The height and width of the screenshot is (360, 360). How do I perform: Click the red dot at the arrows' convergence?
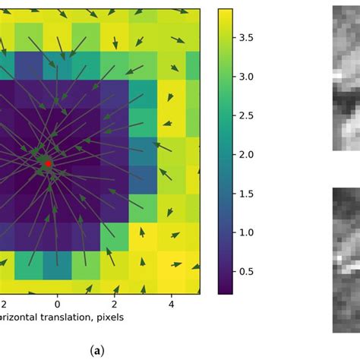tap(47, 163)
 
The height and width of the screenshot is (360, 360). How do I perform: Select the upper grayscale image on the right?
tap(346, 76)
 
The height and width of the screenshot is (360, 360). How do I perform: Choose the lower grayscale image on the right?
tap(346, 258)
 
